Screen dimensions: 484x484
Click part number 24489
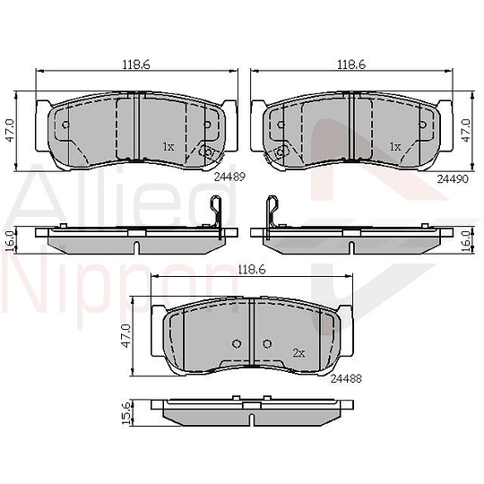click(229, 177)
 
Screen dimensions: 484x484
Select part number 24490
click(453, 178)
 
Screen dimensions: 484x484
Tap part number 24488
click(346, 378)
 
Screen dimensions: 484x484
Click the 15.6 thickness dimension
click(127, 412)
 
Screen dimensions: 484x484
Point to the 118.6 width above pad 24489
click(136, 65)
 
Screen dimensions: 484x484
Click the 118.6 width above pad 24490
click(351, 65)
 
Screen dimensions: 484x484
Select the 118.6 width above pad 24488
click(252, 270)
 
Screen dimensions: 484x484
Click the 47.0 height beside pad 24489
click(10, 131)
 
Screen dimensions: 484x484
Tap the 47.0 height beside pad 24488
click(126, 336)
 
